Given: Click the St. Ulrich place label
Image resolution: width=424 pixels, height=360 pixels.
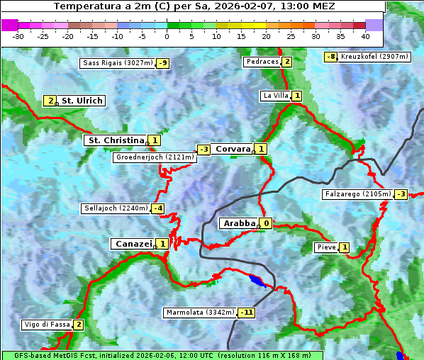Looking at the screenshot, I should (x=82, y=101).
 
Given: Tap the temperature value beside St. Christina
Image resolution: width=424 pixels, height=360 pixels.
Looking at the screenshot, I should (x=155, y=140).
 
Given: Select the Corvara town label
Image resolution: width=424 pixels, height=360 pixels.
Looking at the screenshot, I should (x=233, y=149).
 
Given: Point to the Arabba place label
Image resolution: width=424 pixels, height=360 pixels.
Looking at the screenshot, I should (x=239, y=223).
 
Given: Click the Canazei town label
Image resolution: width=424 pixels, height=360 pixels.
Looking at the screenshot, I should (x=133, y=243).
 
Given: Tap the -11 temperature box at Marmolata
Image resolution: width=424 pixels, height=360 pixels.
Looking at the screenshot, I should (x=247, y=313).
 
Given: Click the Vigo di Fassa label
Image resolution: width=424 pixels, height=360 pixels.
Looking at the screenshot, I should (x=48, y=325).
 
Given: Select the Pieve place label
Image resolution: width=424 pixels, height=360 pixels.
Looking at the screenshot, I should (x=326, y=247).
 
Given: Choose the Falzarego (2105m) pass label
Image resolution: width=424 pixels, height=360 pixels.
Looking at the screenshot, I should (x=357, y=193).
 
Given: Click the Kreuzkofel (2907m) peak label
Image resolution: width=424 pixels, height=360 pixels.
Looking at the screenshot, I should (x=374, y=57).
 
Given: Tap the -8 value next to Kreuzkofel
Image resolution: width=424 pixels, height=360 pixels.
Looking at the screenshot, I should (x=330, y=57).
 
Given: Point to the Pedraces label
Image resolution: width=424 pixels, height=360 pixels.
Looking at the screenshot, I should (x=262, y=62).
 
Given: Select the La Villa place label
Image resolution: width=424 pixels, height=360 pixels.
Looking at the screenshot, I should (x=275, y=96).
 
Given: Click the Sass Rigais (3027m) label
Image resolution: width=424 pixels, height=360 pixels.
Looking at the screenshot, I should (x=117, y=63).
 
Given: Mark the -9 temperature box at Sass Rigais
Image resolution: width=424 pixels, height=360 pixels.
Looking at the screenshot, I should (x=163, y=63).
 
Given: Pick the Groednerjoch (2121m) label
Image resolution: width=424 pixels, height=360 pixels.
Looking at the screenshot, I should (x=155, y=157).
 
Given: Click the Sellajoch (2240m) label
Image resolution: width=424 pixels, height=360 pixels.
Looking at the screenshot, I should (x=116, y=208).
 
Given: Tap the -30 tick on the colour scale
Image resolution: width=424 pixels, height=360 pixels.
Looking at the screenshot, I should (x=18, y=35).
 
